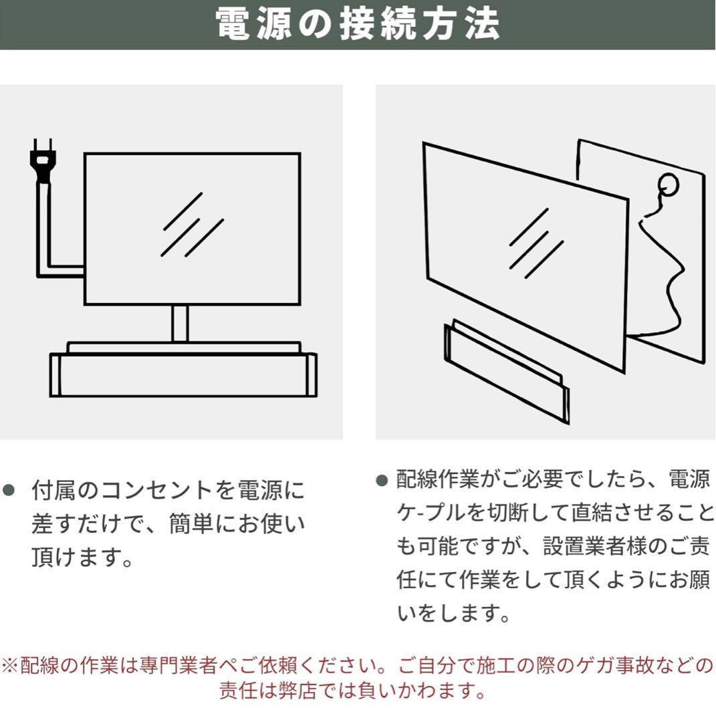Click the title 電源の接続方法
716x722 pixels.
(358, 24)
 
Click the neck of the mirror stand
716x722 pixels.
(180, 324)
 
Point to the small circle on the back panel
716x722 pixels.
(667, 183)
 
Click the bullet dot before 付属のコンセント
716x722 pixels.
(10, 490)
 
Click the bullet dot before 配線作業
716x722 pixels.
(382, 480)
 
